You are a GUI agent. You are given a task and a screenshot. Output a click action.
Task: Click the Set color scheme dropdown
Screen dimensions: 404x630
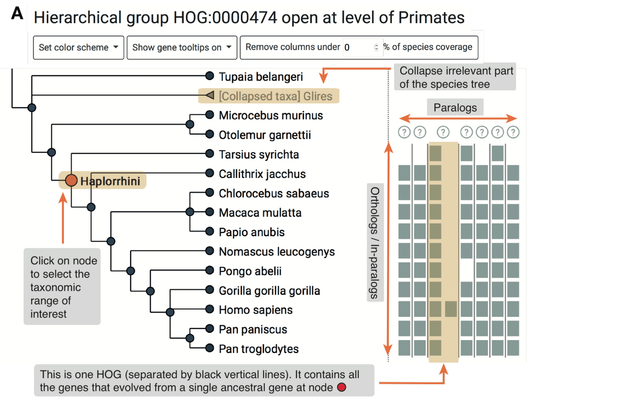78,48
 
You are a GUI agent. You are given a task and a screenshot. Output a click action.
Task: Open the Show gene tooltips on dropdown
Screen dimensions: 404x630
182,48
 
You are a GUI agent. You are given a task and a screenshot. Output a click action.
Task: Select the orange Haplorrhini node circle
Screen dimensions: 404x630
71,180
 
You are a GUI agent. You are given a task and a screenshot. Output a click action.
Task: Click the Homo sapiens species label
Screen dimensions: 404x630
256,310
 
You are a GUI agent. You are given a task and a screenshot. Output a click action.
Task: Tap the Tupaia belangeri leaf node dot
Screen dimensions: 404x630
209,76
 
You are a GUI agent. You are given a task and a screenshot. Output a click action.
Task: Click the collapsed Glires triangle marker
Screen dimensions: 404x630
210,95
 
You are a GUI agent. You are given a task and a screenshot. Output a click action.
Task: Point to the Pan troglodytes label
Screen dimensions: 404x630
259,349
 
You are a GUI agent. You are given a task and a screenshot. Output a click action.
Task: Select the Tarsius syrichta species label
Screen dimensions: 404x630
259,154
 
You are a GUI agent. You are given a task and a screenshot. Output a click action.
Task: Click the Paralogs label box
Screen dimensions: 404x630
455,107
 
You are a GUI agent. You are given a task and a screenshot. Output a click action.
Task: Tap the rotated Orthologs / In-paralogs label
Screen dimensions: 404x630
375,242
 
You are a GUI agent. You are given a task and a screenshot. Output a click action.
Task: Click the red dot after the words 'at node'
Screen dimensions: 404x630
341,387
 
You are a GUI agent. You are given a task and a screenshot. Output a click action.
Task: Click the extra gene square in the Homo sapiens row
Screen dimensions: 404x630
450,309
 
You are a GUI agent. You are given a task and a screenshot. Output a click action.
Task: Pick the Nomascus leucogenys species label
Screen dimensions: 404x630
277,252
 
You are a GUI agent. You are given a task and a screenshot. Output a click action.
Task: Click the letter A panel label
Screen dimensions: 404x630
17,13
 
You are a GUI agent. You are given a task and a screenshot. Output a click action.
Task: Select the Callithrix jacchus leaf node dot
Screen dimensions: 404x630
209,173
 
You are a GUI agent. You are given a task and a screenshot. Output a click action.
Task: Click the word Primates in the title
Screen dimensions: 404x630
431,17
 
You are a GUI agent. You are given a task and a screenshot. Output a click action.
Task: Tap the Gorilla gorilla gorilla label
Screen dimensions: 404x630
269,291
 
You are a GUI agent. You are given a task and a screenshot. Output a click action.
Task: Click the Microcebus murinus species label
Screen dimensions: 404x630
271,115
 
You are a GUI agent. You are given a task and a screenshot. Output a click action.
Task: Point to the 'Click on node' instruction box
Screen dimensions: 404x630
62,287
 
